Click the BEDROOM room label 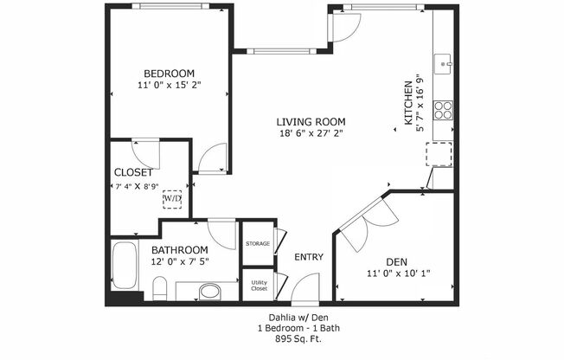point(169,74)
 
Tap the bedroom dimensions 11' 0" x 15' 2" point(169,87)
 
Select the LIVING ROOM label point(311,122)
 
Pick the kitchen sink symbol point(445,61)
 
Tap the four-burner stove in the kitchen point(443,110)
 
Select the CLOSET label point(134,172)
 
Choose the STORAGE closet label point(258,244)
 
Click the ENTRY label point(308,257)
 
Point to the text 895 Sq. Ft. point(282,338)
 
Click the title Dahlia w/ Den point(282,318)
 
